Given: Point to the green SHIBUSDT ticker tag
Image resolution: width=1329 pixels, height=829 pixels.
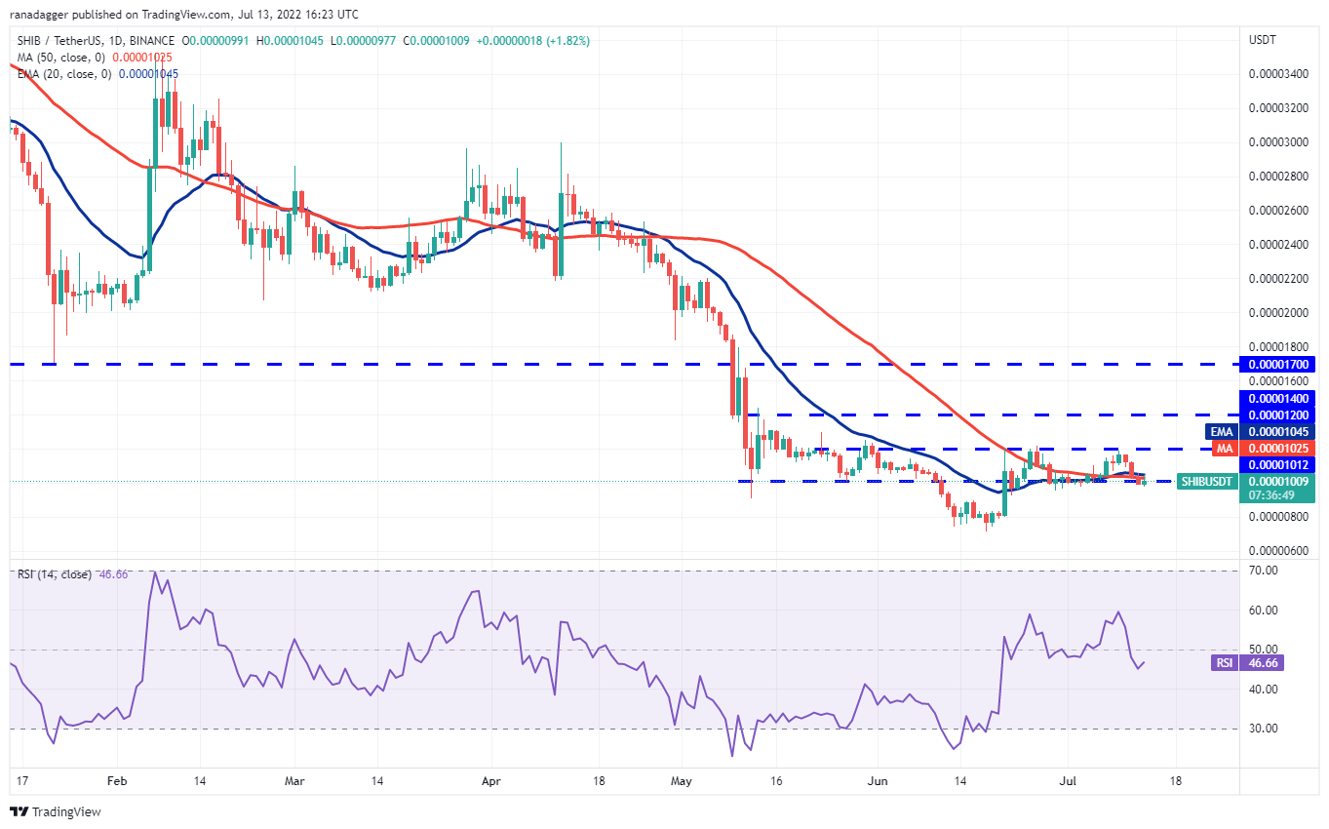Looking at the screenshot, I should [1207, 481].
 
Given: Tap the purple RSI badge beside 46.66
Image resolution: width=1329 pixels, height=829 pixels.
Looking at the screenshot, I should [1224, 662].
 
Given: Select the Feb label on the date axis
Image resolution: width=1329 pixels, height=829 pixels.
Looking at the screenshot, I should [117, 781].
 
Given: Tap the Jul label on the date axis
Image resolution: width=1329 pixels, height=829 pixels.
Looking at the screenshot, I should [1067, 781].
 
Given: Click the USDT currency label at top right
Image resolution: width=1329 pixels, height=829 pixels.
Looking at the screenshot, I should [1263, 40].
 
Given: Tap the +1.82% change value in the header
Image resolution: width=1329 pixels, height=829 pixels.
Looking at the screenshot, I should [567, 41].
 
